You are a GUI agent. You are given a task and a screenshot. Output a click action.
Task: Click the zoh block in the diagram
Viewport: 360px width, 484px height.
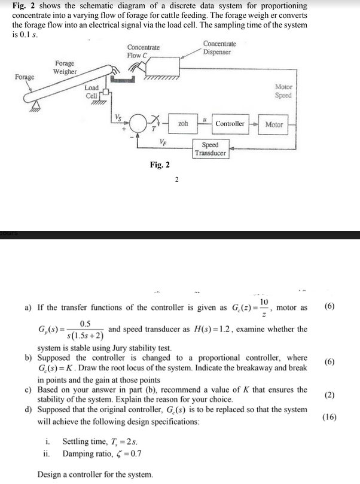[x=183, y=124]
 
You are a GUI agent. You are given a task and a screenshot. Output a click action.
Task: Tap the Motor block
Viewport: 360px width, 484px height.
[x=274, y=124]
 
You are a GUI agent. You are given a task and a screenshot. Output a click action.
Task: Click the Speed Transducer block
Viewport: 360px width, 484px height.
[x=210, y=149]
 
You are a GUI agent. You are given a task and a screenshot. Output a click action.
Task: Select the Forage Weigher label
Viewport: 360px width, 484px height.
[x=65, y=67]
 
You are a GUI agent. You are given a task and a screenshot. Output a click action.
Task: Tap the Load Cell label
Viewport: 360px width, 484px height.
[x=91, y=92]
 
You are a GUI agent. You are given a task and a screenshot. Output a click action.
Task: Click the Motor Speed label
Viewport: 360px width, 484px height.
[x=283, y=91]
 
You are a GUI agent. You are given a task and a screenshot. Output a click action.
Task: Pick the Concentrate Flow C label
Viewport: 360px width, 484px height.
[x=143, y=51]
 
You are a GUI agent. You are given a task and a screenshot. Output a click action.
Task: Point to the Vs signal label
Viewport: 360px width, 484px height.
[x=118, y=116]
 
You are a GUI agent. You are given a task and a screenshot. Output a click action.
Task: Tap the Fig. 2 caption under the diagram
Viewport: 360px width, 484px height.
[x=160, y=165]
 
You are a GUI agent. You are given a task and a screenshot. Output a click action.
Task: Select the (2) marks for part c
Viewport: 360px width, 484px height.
[x=330, y=395]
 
